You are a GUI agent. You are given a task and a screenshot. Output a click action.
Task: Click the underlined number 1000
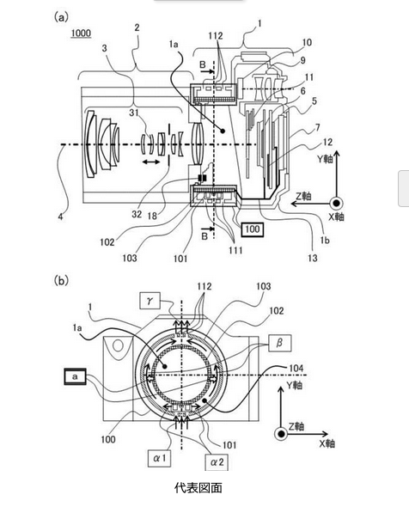81,34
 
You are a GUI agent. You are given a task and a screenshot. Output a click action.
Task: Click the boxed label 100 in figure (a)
253,229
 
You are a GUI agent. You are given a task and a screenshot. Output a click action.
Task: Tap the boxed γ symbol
150,301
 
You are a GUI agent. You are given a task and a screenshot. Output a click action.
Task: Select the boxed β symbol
280,343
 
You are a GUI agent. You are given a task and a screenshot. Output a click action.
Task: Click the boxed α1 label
160,459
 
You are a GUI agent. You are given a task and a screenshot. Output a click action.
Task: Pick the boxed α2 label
217,462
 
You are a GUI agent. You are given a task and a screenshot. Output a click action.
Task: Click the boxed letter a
75,376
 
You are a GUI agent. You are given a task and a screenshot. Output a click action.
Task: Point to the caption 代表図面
198,488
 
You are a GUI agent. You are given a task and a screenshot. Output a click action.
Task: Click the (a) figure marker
61,17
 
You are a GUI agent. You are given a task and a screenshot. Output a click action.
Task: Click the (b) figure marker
61,281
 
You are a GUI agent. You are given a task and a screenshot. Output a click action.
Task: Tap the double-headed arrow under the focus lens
150,162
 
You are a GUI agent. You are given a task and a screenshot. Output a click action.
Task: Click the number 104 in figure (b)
296,368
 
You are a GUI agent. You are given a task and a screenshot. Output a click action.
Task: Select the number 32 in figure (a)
137,214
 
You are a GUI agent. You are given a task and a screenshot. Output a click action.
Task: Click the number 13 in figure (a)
313,258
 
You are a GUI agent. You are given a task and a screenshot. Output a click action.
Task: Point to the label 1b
325,241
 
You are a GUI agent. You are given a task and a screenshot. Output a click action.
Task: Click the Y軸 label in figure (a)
325,159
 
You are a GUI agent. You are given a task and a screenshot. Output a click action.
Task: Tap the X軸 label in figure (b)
327,443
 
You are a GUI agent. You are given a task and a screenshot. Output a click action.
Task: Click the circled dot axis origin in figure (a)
336,203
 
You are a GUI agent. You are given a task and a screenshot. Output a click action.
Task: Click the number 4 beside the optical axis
60,217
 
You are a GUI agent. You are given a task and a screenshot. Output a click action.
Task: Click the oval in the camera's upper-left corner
118,346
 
